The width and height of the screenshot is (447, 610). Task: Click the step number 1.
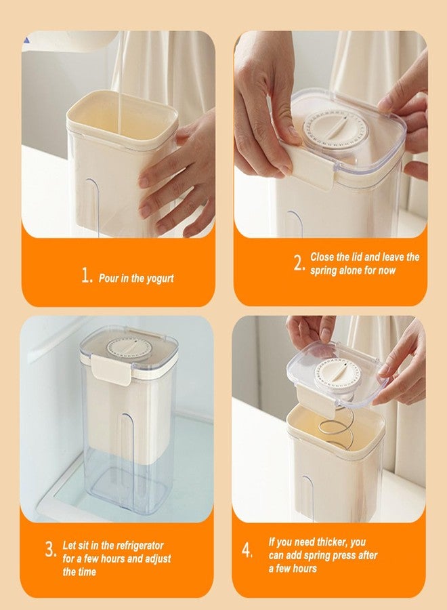(x=85, y=277)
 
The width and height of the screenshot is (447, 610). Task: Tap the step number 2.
(x=300, y=263)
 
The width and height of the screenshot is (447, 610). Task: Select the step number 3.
(x=51, y=550)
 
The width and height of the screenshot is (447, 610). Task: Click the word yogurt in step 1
(x=158, y=279)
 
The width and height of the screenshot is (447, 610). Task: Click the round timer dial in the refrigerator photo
(x=129, y=348)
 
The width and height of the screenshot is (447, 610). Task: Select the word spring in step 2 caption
(x=326, y=270)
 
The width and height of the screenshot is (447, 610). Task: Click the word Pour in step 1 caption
(x=110, y=279)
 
